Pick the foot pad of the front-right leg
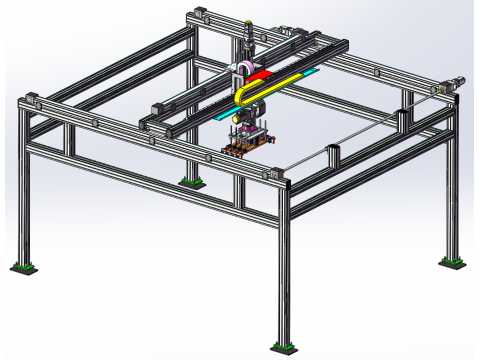[x=283, y=348]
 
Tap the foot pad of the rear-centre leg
[x=188, y=181]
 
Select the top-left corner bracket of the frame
[x=30, y=101]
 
